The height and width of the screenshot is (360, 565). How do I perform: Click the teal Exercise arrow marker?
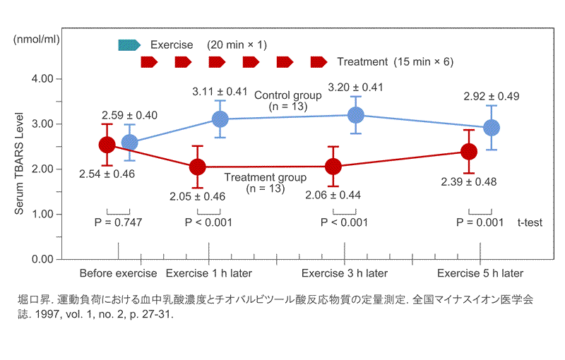pyautogui.click(x=130, y=44)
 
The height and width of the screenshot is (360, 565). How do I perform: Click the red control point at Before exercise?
pyautogui.click(x=107, y=145)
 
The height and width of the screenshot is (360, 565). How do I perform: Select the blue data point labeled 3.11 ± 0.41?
pyautogui.click(x=220, y=119)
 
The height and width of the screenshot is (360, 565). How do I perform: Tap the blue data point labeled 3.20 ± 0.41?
pyautogui.click(x=356, y=114)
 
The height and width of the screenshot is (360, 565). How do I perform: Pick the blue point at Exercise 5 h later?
pyautogui.click(x=492, y=128)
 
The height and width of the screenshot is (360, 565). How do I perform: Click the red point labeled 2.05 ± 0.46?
pyautogui.click(x=198, y=167)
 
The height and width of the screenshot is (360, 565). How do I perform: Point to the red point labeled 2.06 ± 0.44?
pyautogui.click(x=333, y=167)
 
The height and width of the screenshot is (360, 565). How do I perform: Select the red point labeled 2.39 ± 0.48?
pyautogui.click(x=469, y=152)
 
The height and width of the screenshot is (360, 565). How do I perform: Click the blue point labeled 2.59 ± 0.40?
pyautogui.click(x=130, y=143)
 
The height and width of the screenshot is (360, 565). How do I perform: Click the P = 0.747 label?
pyautogui.click(x=118, y=222)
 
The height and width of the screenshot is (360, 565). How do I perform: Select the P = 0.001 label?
pyautogui.click(x=480, y=222)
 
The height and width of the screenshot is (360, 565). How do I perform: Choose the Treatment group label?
pyautogui.click(x=265, y=178)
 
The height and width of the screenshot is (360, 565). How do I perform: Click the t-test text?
pyautogui.click(x=530, y=222)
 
